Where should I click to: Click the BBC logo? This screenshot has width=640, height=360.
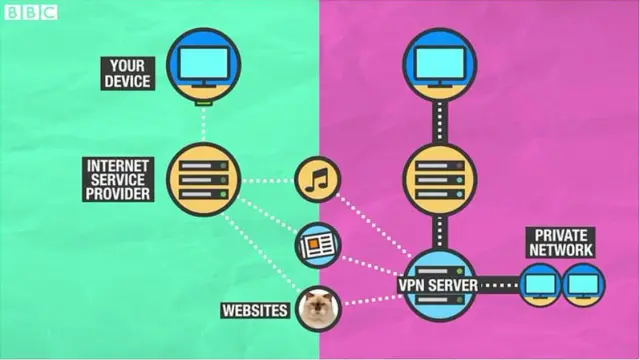pos(31,12)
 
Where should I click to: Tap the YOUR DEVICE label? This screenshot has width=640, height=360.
pos(128,72)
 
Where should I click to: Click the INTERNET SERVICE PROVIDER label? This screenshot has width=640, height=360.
pos(119,180)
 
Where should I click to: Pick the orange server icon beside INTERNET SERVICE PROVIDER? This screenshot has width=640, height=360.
pos(203,180)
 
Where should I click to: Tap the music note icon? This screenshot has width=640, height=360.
pos(318,180)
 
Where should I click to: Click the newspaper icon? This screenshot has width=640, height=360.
pos(318,243)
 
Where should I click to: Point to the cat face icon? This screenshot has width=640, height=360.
pos(319,308)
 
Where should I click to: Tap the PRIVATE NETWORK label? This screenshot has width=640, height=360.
pos(559,243)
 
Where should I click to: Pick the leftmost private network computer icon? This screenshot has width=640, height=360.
pos(540,286)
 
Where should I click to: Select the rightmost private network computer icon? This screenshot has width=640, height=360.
pos(582,286)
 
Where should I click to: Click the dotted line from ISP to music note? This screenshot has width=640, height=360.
pos(268,181)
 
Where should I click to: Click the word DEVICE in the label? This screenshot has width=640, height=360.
pos(128,80)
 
